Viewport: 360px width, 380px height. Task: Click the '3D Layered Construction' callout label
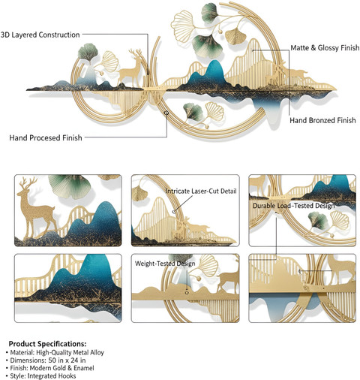pyautogui.click(x=40, y=35)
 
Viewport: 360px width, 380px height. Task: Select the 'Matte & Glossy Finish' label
pyautogui.click(x=325, y=47)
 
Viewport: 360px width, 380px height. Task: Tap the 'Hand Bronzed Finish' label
pyautogui.click(x=322, y=120)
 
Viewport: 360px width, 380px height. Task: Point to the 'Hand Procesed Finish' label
pyautogui.click(x=46, y=137)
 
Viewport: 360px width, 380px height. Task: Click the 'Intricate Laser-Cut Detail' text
pyautogui.click(x=201, y=192)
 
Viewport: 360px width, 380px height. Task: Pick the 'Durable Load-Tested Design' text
pyautogui.click(x=293, y=206)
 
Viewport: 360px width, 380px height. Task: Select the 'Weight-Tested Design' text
pyautogui.click(x=165, y=264)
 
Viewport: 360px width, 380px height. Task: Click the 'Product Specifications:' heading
pyautogui.click(x=47, y=343)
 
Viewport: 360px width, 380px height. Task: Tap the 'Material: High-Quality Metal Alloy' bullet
pyautogui.click(x=55, y=352)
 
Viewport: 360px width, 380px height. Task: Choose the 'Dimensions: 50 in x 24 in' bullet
pyautogui.click(x=46, y=360)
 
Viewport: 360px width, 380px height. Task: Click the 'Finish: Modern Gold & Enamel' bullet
pyautogui.click(x=50, y=368)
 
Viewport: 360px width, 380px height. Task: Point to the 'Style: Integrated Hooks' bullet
pyautogui.click(x=40, y=375)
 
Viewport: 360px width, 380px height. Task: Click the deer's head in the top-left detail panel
pyautogui.click(x=27, y=186)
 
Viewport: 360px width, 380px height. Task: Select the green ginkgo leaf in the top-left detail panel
pyautogui.click(x=69, y=185)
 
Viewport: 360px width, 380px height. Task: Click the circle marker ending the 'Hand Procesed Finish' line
pyautogui.click(x=166, y=113)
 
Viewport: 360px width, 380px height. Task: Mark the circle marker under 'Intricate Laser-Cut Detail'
pyautogui.click(x=174, y=212)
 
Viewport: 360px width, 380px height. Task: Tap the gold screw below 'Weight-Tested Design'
pyautogui.click(x=187, y=292)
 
